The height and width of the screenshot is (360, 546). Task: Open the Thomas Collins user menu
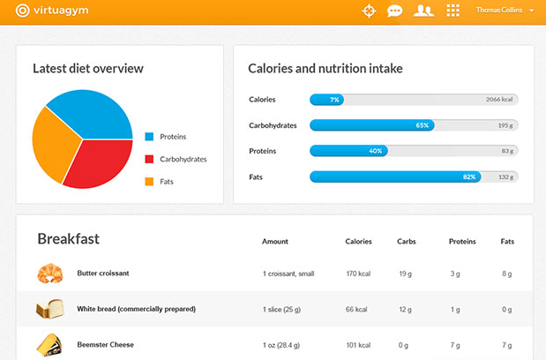click(505, 11)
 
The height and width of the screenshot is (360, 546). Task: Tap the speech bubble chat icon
click(395, 11)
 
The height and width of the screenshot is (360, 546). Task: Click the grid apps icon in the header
click(453, 11)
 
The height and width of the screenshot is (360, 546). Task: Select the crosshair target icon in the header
click(369, 11)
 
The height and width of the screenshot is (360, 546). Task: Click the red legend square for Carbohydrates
click(149, 159)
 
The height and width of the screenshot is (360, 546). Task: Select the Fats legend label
click(167, 182)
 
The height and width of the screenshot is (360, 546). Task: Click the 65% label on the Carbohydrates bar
click(423, 125)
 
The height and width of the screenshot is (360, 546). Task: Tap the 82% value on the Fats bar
click(469, 176)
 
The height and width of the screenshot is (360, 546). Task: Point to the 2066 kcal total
click(499, 100)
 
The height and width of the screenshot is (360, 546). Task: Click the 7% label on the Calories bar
click(334, 100)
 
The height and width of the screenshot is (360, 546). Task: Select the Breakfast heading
click(68, 239)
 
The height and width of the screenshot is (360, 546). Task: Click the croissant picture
click(49, 274)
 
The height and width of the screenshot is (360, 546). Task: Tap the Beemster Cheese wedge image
click(49, 344)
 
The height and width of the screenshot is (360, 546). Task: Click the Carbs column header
click(407, 241)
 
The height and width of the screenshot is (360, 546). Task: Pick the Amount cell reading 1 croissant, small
click(288, 274)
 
